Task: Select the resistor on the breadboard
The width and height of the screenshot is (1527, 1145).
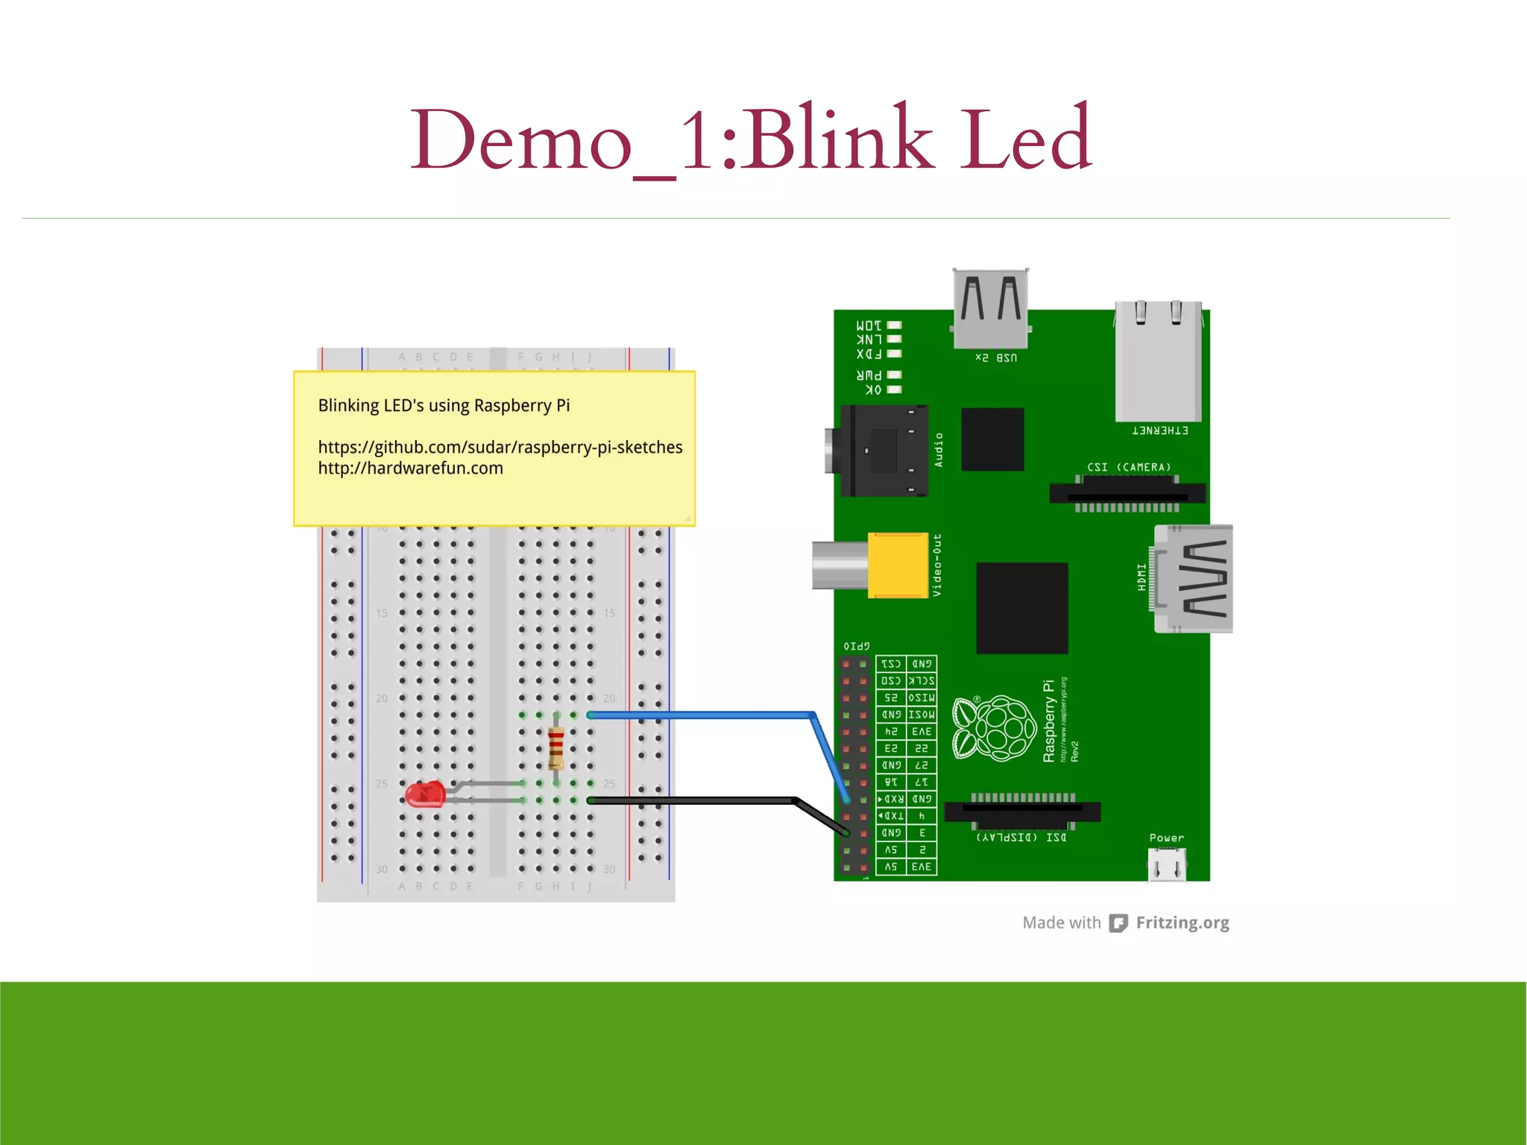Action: tap(556, 748)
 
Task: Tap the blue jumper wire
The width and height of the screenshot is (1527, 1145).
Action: tap(701, 715)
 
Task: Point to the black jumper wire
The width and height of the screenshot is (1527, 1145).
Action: tap(693, 800)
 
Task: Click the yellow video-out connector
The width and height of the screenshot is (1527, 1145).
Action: tap(898, 565)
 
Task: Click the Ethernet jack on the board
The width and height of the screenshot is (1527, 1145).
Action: tap(1158, 362)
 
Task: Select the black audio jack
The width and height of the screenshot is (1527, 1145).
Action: tap(884, 451)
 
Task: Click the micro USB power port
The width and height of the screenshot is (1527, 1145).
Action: tap(1167, 865)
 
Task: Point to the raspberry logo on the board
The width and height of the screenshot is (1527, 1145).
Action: tap(995, 728)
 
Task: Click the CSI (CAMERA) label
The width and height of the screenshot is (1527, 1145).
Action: tap(1129, 468)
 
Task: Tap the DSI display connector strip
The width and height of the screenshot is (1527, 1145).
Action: tap(1022, 811)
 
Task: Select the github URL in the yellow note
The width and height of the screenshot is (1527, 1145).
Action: tap(500, 447)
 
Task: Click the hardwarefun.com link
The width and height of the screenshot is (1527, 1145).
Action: tap(410, 468)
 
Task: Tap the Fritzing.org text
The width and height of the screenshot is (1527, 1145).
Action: tap(1182, 923)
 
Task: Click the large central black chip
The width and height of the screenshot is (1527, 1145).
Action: tap(1021, 608)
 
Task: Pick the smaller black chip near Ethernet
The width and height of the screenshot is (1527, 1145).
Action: tap(992, 439)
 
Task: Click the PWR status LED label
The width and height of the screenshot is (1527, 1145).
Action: tap(869, 375)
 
